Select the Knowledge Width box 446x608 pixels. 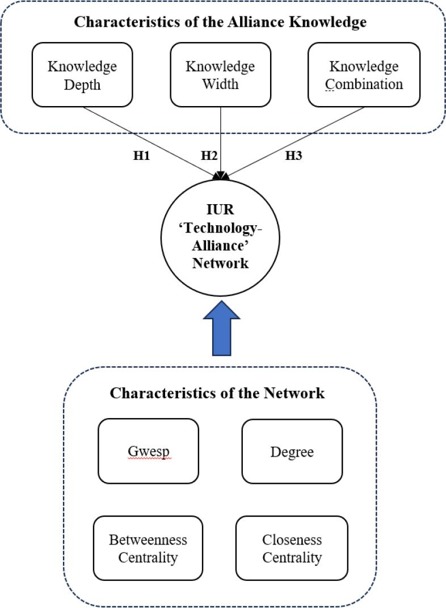[x=220, y=75]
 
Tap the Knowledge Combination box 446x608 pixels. [x=364, y=75]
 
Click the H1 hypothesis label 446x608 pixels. [x=141, y=157]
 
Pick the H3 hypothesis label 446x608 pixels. [x=293, y=157]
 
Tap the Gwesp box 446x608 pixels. [x=148, y=451]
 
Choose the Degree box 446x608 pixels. [x=292, y=451]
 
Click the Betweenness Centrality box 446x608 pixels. [x=148, y=548]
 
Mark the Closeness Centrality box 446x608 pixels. [x=292, y=548]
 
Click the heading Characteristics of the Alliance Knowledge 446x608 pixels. [x=221, y=23]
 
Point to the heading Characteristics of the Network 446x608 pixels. [x=217, y=392]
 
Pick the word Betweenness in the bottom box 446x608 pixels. [x=148, y=539]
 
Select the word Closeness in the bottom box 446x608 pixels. [x=292, y=539]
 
